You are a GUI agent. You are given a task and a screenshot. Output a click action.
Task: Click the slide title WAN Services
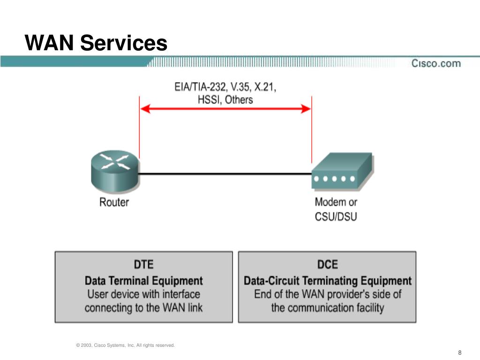tap(96, 43)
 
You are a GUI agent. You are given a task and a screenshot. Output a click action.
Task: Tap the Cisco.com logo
tap(436, 63)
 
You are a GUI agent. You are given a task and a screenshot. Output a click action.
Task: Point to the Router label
tap(114, 202)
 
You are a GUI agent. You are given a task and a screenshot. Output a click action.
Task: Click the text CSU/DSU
tap(336, 217)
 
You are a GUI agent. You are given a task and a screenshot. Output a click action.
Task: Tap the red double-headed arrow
tap(225, 109)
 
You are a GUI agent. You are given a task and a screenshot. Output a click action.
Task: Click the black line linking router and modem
tap(225, 174)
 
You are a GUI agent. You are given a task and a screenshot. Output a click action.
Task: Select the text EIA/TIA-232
tap(191, 87)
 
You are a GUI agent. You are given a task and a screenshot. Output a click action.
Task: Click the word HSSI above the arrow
tap(208, 99)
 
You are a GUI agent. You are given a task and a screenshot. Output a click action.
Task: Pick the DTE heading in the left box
tap(143, 264)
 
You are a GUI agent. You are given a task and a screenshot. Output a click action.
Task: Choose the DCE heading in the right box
tap(327, 264)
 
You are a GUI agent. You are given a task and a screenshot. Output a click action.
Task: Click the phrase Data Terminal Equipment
tap(143, 281)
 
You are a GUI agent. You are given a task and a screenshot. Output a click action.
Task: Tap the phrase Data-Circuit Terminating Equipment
tap(327, 281)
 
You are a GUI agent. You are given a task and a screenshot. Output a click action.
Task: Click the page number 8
tap(460, 352)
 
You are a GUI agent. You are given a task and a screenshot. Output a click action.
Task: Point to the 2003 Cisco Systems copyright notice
tap(125, 345)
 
